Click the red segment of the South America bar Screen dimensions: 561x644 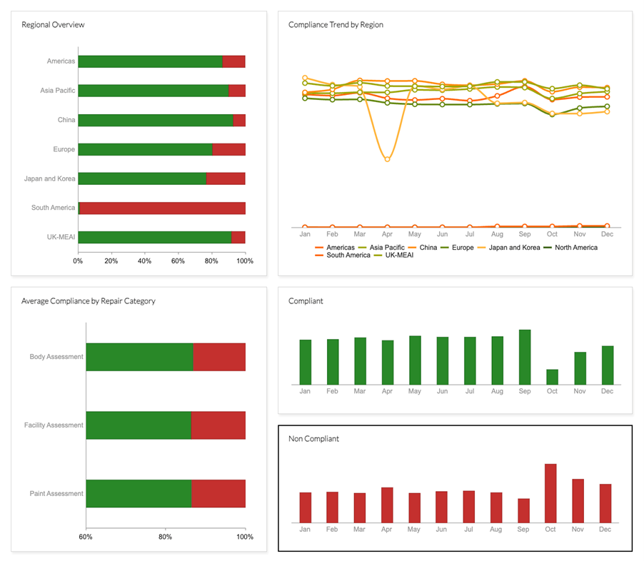163,208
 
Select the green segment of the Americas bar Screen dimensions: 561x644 150,61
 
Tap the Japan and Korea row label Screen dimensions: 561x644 49,178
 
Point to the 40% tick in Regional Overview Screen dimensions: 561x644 144,261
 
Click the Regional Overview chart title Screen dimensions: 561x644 53,25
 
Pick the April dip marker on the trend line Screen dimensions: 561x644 388,159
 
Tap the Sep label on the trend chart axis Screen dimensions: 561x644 525,234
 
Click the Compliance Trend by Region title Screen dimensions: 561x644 336,25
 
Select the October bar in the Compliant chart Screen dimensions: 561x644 552,377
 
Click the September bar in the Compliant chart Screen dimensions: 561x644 525,357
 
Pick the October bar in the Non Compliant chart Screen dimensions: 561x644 550,493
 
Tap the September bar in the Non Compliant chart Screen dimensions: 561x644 523,510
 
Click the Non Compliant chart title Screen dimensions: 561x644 313,439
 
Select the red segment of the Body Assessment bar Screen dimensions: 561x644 219,357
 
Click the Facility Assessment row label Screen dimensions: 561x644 54,425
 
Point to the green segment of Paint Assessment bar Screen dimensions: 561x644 139,493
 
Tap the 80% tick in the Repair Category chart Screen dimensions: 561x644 165,537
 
